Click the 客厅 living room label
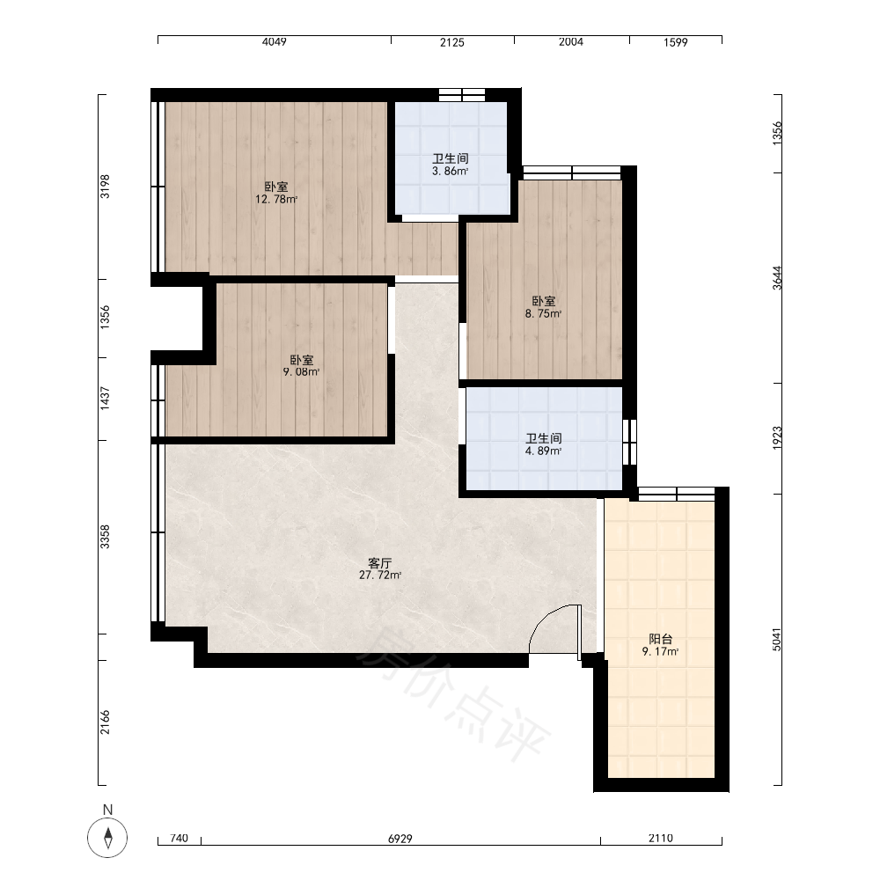click(380, 562)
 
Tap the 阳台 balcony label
click(661, 639)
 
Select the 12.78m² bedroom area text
click(276, 199)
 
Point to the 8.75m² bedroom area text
click(543, 314)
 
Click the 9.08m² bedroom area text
click(301, 371)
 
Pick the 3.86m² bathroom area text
click(450, 172)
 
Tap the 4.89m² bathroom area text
click(543, 451)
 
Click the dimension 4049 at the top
click(275, 42)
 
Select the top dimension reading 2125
click(452, 42)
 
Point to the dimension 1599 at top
click(676, 42)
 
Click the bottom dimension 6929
click(400, 839)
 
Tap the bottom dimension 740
click(179, 839)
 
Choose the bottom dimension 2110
click(661, 839)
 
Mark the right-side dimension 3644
click(777, 278)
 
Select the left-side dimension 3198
click(105, 187)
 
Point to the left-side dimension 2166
click(105, 722)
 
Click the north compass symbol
click(107, 837)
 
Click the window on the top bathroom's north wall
click(462, 95)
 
